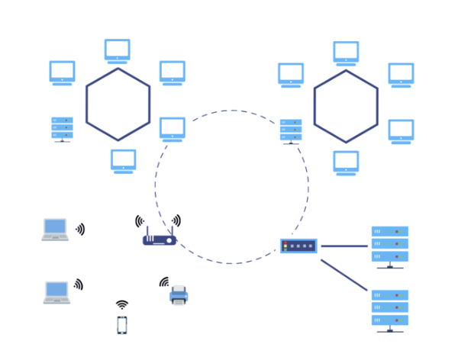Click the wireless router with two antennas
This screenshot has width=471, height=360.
(x=160, y=239)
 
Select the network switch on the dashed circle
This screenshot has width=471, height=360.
(x=298, y=246)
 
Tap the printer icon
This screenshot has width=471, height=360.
(x=179, y=294)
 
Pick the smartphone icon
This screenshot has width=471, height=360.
(x=122, y=324)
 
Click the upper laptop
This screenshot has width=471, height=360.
(x=55, y=230)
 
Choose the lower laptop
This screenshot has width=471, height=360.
(x=56, y=292)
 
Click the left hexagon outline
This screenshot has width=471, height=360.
(x=86, y=104)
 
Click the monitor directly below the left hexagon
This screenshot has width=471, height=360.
(x=124, y=161)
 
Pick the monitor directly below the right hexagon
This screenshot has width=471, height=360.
(x=346, y=162)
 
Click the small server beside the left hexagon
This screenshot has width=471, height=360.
(x=63, y=129)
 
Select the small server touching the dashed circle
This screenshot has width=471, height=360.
(x=291, y=131)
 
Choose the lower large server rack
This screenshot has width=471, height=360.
(x=389, y=309)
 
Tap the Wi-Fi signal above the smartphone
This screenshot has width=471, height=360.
(x=122, y=304)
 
